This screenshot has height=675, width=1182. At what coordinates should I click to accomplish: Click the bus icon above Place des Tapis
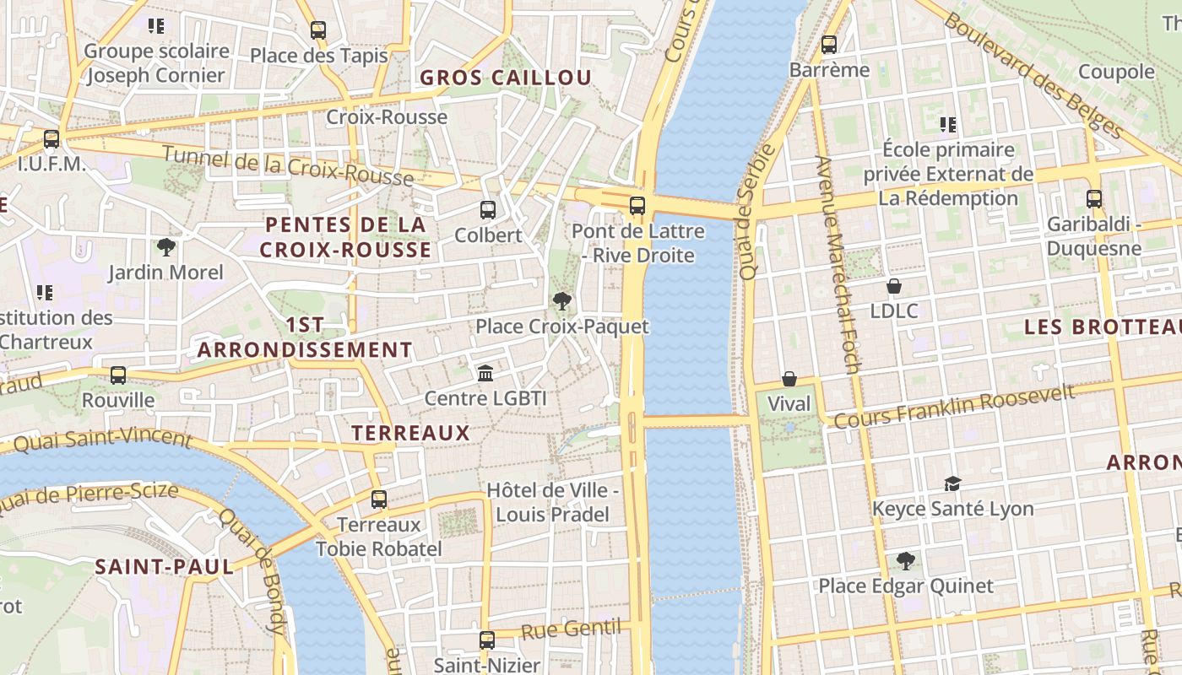[x=318, y=30]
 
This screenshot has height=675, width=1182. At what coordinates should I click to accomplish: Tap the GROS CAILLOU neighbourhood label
[x=506, y=78]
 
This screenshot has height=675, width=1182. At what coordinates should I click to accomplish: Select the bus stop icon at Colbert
[x=488, y=210]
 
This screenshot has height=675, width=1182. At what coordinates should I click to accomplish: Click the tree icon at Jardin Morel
[x=166, y=247]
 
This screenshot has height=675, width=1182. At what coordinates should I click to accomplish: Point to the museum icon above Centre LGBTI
[x=485, y=373]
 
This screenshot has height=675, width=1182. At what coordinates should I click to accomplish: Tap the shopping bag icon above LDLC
[x=894, y=287]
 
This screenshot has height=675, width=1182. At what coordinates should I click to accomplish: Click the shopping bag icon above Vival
[x=789, y=379]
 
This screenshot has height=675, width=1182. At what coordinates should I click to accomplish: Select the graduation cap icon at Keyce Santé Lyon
[x=952, y=483]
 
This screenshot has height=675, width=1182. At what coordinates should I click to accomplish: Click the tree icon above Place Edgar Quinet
[x=906, y=560]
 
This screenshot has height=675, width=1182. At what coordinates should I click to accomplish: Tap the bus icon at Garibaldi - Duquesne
[x=1094, y=199]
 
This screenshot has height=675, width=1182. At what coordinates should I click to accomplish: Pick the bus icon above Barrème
[x=829, y=45]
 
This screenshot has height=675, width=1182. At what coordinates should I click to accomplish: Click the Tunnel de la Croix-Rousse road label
[x=287, y=165]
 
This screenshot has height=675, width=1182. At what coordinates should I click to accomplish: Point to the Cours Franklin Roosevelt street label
[x=954, y=406]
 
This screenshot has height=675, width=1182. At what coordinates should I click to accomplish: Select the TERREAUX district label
[x=410, y=434]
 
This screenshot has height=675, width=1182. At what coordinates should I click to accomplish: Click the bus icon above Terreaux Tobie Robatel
[x=379, y=499]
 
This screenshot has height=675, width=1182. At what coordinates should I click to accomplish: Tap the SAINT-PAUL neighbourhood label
[x=164, y=566]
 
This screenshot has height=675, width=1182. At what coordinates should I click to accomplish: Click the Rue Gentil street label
[x=570, y=629]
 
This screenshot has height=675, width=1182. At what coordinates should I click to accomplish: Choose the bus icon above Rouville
[x=118, y=375]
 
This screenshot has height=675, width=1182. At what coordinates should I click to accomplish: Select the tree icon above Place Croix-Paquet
[x=561, y=301]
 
